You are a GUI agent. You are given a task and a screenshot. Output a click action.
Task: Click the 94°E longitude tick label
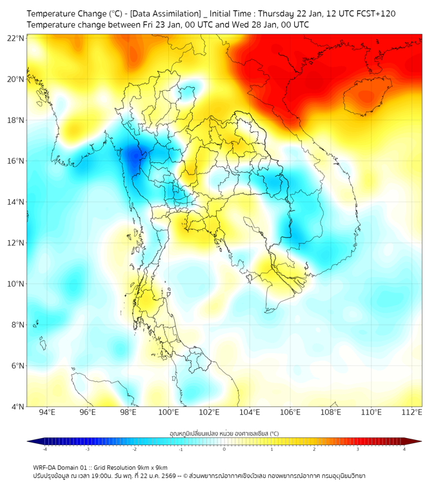(x=47, y=413)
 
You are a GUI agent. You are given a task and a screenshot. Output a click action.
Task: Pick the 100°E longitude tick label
(x=168, y=413)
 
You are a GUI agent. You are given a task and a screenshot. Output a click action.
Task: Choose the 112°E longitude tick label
(x=412, y=413)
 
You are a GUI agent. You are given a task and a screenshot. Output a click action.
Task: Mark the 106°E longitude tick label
(x=290, y=413)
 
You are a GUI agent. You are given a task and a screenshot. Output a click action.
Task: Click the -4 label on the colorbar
(x=45, y=449)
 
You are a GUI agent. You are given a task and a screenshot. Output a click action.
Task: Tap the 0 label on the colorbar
(x=224, y=449)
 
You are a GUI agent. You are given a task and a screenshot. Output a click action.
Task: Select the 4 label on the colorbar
(x=404, y=449)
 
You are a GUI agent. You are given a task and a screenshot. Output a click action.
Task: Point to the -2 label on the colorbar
(x=134, y=449)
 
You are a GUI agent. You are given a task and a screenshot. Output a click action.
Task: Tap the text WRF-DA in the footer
(x=46, y=467)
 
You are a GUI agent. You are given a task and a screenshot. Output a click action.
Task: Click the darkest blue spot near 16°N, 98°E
(x=133, y=157)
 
